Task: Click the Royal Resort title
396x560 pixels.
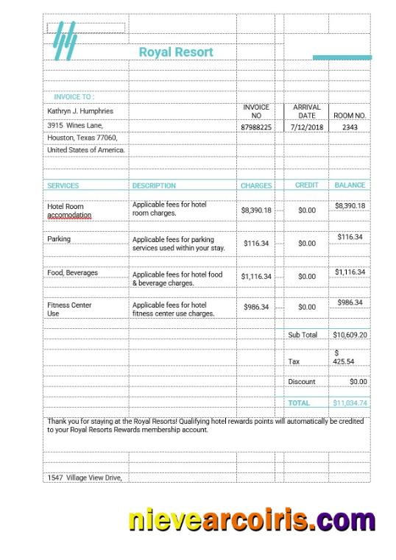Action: point(176,52)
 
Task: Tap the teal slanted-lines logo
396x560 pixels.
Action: point(65,41)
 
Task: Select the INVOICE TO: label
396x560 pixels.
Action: point(74,97)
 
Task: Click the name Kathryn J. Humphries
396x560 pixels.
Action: point(80,111)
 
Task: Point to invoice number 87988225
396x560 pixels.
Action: point(256,127)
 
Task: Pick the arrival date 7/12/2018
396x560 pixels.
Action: point(306,127)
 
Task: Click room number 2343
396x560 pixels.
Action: point(350,127)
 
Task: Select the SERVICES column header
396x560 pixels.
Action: point(63,185)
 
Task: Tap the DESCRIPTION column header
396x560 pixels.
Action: point(154,185)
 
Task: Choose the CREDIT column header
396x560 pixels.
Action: point(306,185)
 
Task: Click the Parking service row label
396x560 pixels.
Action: point(59,239)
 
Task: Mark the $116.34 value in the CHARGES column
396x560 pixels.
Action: point(256,243)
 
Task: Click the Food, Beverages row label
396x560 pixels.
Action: point(72,273)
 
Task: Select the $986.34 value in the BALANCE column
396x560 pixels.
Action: point(350,302)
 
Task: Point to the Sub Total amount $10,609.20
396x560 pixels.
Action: point(350,335)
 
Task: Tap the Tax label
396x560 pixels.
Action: point(294,362)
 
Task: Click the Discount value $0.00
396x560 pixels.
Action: point(358,382)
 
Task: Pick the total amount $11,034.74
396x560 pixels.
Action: point(350,403)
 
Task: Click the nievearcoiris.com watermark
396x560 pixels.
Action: point(252,520)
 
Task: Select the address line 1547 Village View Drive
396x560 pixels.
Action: point(84,478)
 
